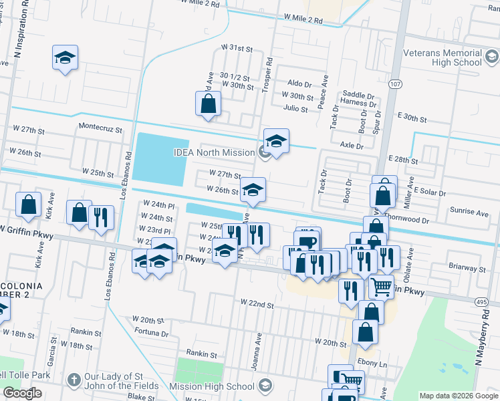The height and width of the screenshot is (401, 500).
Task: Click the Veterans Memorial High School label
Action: (442, 57)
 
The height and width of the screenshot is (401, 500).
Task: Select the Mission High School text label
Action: (212, 386)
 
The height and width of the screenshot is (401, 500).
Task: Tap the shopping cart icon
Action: (382, 287)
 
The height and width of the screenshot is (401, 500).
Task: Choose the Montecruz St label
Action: (101, 127)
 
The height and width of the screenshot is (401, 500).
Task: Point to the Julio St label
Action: (295, 108)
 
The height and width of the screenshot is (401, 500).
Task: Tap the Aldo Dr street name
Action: (299, 84)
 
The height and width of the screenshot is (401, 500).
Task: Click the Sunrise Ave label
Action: (469, 212)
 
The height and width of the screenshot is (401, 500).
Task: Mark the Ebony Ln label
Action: (372, 364)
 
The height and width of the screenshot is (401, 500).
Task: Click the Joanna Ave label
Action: (257, 348)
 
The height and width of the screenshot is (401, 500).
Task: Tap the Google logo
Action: (23, 393)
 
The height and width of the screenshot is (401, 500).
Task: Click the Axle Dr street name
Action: (351, 145)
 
